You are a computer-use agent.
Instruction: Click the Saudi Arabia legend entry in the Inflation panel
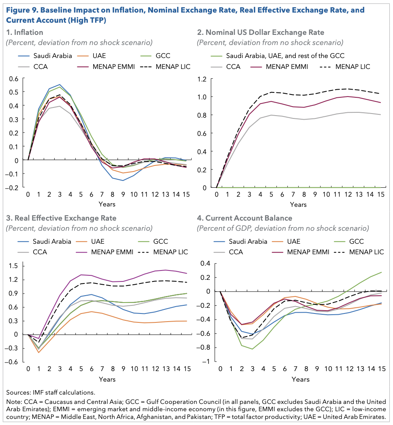(45, 56)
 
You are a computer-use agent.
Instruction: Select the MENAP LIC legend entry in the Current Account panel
(359, 252)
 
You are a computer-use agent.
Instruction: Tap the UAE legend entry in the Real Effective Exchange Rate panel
(90, 242)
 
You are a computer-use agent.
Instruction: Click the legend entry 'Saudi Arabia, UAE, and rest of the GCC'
(278, 56)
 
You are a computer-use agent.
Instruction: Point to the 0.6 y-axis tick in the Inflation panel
(13, 79)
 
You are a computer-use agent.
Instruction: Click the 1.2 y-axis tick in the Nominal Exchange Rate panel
(202, 79)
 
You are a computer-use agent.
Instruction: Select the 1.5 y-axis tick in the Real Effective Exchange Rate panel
(13, 266)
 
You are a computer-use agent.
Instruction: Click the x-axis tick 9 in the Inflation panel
(123, 195)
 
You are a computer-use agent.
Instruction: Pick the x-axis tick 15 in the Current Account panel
(382, 369)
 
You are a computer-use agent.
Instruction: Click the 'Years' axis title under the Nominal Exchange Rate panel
(298, 205)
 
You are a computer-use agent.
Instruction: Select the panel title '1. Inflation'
(25, 32)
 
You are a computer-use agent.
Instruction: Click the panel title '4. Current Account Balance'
(245, 218)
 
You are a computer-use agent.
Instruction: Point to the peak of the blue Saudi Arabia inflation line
(60, 85)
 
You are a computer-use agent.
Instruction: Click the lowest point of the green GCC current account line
(252, 349)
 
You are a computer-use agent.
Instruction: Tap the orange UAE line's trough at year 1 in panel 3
(39, 352)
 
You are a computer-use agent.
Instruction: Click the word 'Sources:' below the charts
(18, 393)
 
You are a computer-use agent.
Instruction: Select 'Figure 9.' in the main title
(22, 10)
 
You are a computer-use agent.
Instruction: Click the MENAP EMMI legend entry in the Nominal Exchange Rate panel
(279, 67)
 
